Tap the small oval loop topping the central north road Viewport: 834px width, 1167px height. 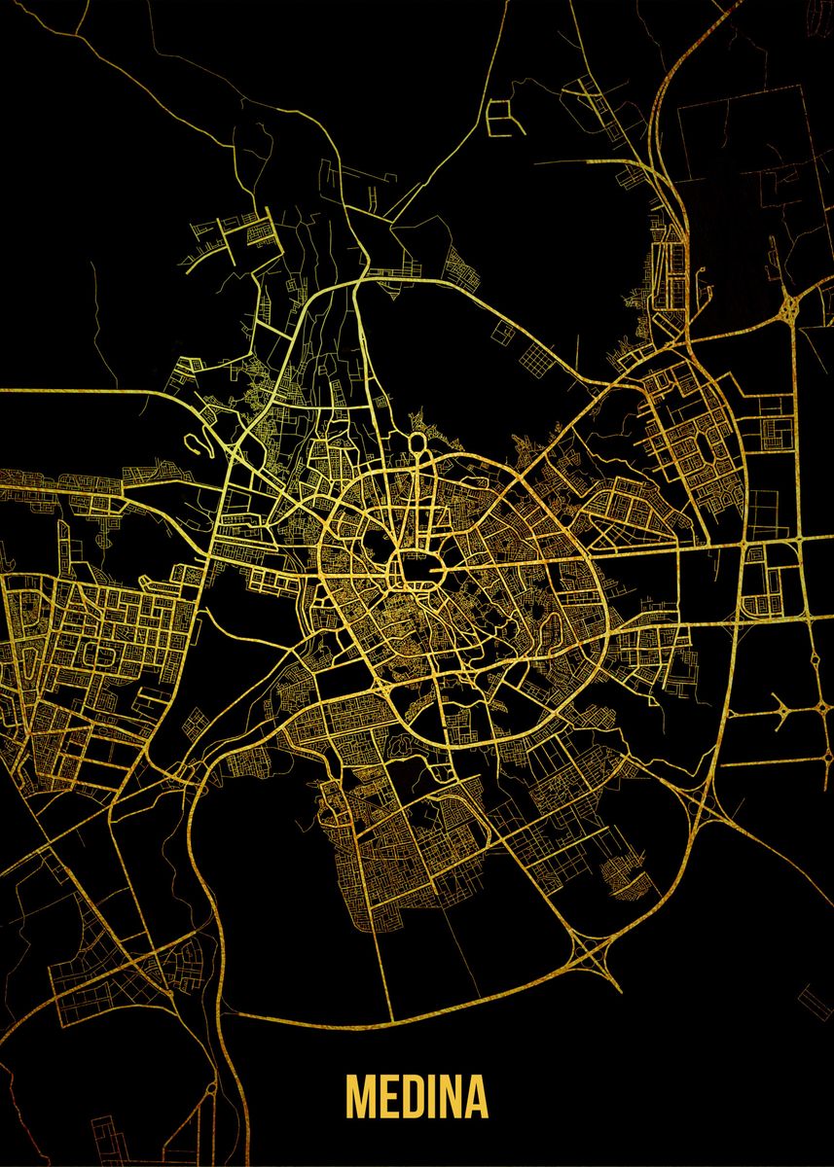tap(417, 443)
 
